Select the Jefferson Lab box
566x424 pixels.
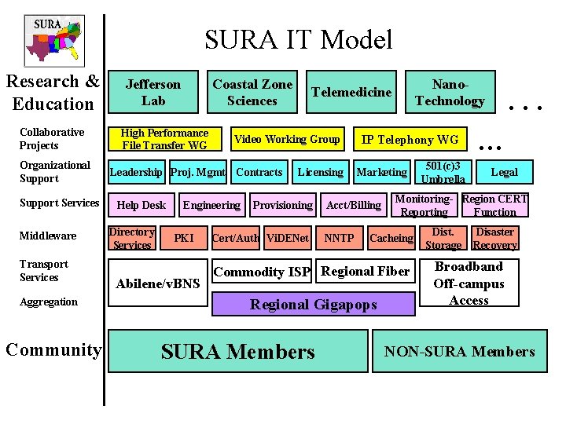(x=153, y=92)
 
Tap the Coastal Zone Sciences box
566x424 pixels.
(x=252, y=92)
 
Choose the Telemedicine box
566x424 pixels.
(x=351, y=92)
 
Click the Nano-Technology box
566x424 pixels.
(x=450, y=93)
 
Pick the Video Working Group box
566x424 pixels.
(x=287, y=140)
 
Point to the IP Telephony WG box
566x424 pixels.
(x=409, y=140)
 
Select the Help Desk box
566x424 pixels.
(x=141, y=205)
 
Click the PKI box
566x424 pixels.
(x=184, y=238)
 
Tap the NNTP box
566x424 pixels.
(x=339, y=238)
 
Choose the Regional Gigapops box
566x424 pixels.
(x=313, y=304)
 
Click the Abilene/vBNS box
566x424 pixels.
(x=157, y=283)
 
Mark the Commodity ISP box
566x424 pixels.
(x=263, y=272)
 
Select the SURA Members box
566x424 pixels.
(x=237, y=352)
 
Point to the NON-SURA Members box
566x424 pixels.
(x=460, y=352)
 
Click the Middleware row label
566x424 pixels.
(x=48, y=236)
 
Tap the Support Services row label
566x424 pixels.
(x=60, y=203)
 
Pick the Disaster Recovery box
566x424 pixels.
(x=495, y=238)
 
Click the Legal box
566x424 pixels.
(x=504, y=172)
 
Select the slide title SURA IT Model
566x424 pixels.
(x=298, y=39)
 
